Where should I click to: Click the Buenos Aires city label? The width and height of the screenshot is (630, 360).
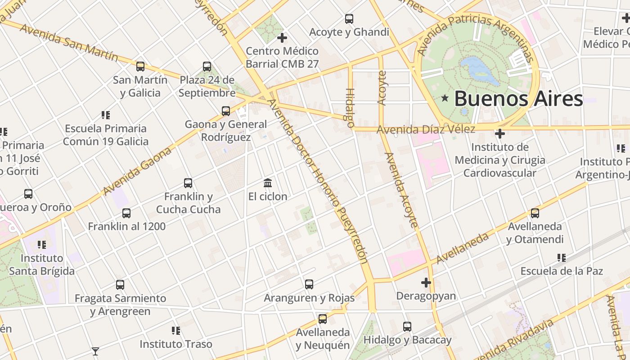pyautogui.click(x=518, y=99)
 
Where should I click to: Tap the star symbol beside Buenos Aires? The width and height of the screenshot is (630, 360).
pyautogui.click(x=445, y=98)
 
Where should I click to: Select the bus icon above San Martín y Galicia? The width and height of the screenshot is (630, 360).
pyautogui.click(x=140, y=67)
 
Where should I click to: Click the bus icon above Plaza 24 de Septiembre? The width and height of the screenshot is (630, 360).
pyautogui.click(x=207, y=67)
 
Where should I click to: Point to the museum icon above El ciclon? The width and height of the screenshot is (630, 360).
pyautogui.click(x=268, y=183)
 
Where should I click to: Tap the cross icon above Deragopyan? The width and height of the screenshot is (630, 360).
pyautogui.click(x=426, y=283)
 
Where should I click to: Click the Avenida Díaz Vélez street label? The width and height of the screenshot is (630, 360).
pyautogui.click(x=426, y=130)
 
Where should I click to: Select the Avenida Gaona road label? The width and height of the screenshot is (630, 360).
pyautogui.click(x=137, y=171)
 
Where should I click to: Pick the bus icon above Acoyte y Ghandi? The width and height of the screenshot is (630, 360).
pyautogui.click(x=349, y=19)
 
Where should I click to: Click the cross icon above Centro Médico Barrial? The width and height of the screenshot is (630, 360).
pyautogui.click(x=282, y=38)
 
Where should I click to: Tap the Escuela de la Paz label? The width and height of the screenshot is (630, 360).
pyautogui.click(x=561, y=271)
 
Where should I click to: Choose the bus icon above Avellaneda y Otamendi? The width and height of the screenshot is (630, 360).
pyautogui.click(x=535, y=213)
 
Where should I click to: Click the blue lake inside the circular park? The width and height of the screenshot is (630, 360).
pyautogui.click(x=479, y=70)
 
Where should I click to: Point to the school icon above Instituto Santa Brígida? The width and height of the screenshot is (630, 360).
pyautogui.click(x=42, y=245)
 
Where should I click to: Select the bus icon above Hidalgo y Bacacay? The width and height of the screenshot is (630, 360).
pyautogui.click(x=407, y=327)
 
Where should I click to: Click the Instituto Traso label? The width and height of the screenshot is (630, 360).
pyautogui.click(x=175, y=344)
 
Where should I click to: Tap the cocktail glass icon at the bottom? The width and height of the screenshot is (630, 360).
pyautogui.click(x=95, y=351)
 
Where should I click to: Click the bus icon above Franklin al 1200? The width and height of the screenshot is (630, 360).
pyautogui.click(x=126, y=213)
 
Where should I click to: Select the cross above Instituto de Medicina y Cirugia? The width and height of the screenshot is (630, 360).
pyautogui.click(x=499, y=134)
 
